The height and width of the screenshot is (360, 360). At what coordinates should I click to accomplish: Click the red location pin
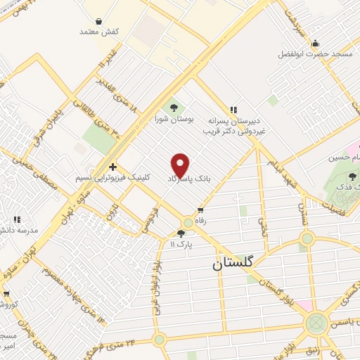(181, 165)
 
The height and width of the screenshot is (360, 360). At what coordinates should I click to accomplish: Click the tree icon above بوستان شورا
(174, 108)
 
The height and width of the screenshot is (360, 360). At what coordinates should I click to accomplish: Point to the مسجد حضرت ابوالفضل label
(314, 54)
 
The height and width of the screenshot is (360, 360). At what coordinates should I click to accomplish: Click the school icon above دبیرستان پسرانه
(233, 109)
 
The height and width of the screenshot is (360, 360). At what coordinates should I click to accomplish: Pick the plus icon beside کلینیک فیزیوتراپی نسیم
(113, 167)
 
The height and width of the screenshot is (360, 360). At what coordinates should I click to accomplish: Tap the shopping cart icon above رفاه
(201, 210)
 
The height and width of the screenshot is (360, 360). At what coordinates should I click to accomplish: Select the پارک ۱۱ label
(181, 244)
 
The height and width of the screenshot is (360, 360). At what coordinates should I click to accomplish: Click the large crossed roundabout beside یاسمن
(316, 324)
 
